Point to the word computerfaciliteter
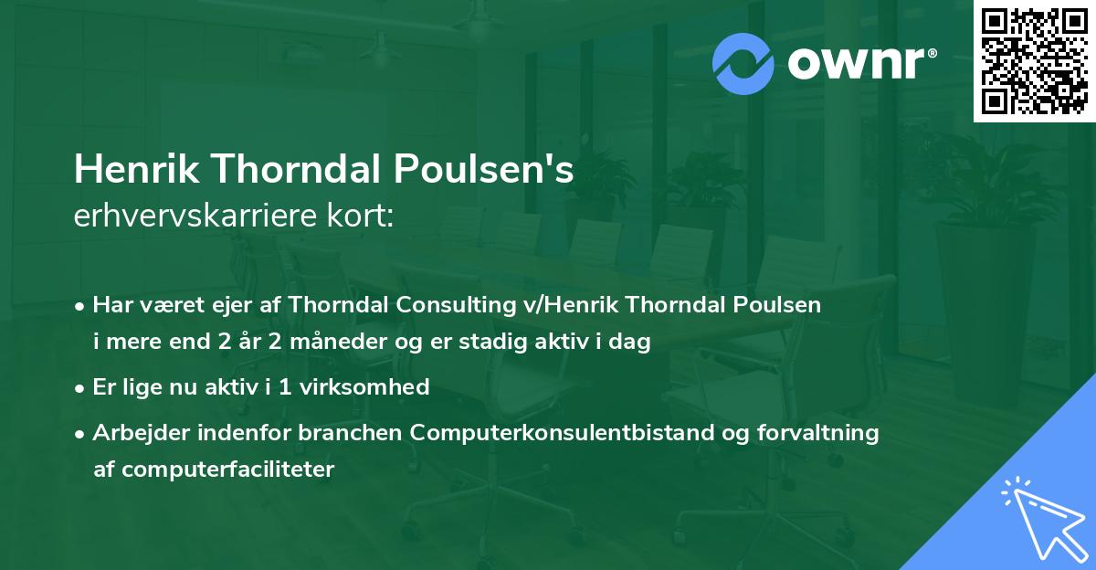point(214,470)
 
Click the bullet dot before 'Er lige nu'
point(81,387)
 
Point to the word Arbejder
point(135,433)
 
